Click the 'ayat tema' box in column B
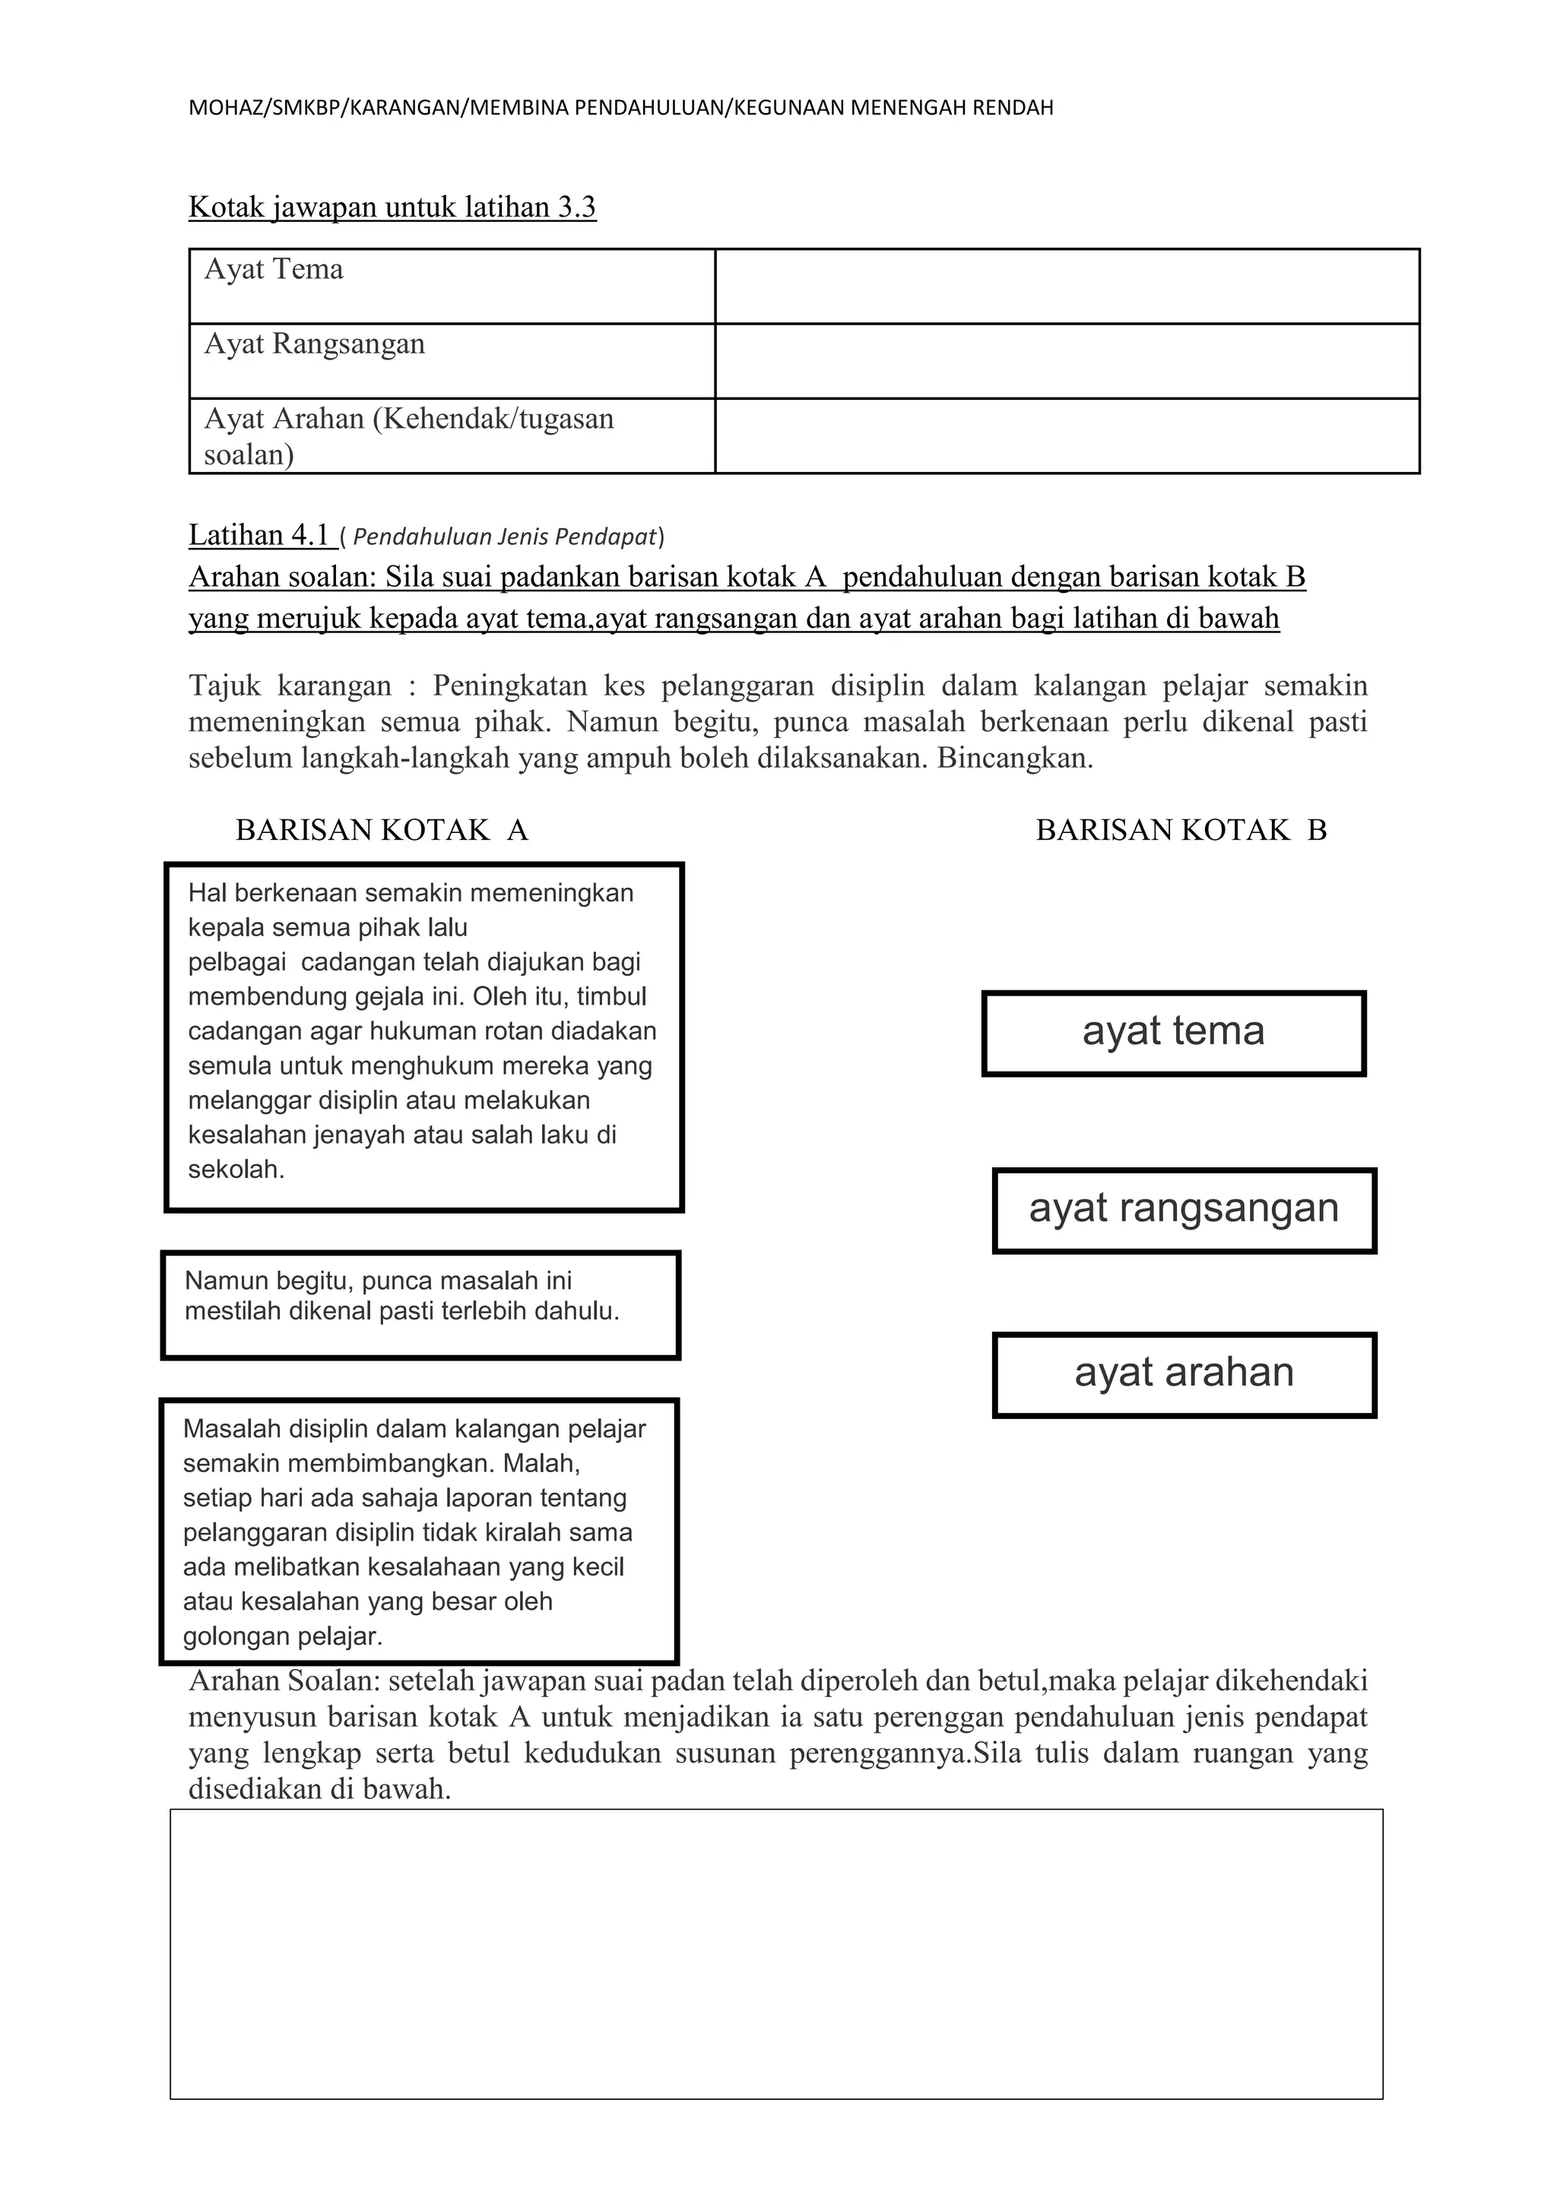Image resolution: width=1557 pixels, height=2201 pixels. (1174, 1032)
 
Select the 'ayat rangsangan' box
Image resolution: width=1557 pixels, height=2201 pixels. (1184, 1209)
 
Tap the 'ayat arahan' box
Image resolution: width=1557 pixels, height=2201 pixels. (1184, 1373)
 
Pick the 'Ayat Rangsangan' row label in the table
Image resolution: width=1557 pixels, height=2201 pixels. (315, 344)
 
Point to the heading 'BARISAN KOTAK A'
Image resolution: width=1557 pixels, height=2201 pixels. (382, 830)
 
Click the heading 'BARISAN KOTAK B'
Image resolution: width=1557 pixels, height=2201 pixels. (1181, 830)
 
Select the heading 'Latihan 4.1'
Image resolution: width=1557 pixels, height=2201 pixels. (260, 535)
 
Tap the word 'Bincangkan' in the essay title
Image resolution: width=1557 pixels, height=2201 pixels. (1013, 759)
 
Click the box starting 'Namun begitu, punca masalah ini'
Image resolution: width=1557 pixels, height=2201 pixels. (420, 1305)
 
